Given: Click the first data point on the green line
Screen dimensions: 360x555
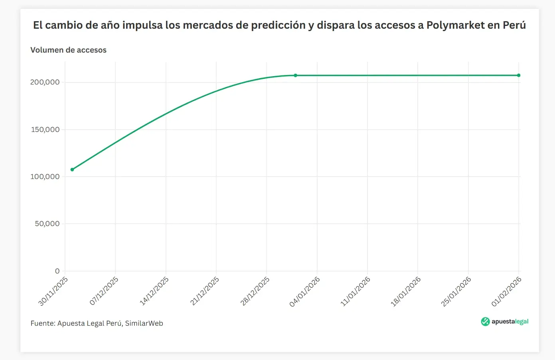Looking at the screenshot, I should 72,169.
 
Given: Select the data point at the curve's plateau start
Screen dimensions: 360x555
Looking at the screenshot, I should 296,75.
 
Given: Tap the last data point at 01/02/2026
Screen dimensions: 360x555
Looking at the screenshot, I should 519,75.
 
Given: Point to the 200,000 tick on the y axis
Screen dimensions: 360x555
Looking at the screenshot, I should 45,82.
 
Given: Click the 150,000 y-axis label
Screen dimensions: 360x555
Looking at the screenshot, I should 45,130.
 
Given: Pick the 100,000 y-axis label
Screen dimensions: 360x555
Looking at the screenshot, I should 45,177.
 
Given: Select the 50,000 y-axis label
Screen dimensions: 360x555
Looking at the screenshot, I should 47,224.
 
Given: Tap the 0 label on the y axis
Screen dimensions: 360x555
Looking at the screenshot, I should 57,271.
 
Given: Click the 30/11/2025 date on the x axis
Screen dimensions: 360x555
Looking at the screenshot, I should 53,291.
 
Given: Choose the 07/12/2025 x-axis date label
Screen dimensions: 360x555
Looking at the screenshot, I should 104,291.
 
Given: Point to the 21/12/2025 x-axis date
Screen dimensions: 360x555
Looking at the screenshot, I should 205,291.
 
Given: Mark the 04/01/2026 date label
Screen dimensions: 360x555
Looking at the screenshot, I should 305,291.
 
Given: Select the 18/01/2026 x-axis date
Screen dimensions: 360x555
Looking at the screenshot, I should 406,291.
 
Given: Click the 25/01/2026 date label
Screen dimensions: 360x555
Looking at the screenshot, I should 456,291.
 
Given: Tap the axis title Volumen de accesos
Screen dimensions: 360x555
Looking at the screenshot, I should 68,50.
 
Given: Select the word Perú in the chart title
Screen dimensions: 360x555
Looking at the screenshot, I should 514,25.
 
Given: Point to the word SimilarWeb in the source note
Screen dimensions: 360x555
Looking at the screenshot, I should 144,323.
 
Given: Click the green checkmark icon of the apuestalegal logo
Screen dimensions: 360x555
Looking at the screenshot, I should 485,322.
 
